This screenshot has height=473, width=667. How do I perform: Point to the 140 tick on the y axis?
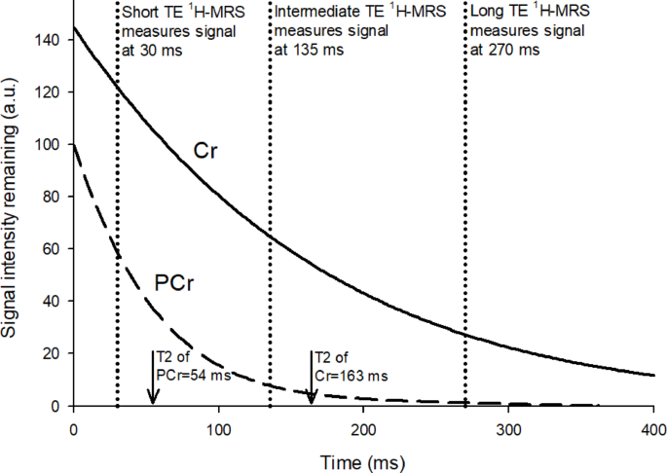(x=51, y=41)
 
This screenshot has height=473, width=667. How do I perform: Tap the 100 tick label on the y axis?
(x=51, y=145)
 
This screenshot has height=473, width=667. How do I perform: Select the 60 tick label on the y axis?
(x=54, y=249)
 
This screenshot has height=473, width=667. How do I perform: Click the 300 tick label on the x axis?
(x=508, y=429)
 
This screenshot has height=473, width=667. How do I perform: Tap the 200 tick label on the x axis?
(x=363, y=429)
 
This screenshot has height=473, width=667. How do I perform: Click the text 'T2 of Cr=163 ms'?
(x=348, y=365)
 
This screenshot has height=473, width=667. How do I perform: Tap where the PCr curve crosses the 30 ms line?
(x=117, y=256)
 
